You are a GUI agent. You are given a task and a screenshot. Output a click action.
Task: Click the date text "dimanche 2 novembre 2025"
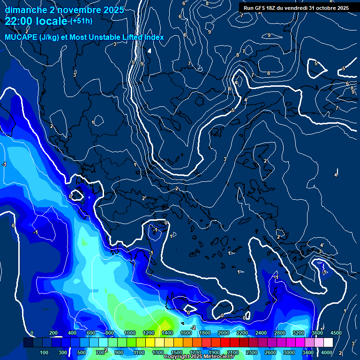pos(64,10)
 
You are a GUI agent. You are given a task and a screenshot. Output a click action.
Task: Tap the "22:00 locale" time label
pos(36,21)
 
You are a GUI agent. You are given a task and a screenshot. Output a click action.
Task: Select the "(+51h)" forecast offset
pos(81,21)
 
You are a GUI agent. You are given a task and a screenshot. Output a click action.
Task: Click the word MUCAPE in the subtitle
pos(20,37)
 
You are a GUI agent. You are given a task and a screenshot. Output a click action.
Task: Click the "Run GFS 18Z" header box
pos(296,8)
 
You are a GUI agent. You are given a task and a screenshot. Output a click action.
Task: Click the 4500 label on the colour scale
pos(336,333)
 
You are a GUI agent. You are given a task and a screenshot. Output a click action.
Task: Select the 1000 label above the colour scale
pos(129,333)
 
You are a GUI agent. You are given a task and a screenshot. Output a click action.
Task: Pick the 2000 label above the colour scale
pos(223,333)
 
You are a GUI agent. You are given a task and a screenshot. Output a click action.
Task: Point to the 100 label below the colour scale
pos(44,352)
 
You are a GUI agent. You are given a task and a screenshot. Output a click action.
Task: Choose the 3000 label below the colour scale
pos(289,352)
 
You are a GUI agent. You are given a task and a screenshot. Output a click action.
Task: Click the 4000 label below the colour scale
pos(327,352)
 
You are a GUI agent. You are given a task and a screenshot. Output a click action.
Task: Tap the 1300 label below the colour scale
pos(158,352)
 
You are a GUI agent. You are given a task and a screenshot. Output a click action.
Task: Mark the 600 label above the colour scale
pos(91,333)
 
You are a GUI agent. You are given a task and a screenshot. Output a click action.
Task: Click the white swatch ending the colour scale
pos(328,343)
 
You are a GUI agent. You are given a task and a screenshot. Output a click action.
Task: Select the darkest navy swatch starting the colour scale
pos(28,343)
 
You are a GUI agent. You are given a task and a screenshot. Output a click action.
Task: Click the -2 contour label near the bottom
pos(193,327)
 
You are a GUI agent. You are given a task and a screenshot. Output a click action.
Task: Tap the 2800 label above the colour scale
pos(279,333)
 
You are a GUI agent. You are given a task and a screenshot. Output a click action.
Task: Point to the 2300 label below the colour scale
pos(252,352)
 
